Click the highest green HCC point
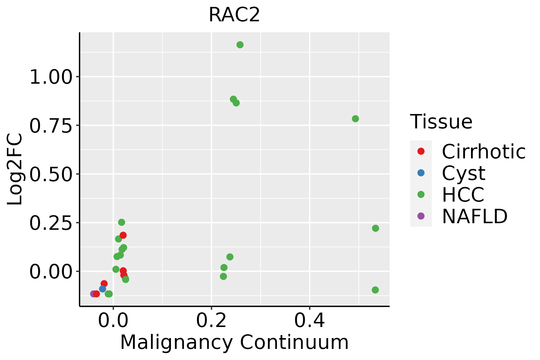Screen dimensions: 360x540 tap(240, 45)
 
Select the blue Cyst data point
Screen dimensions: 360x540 tap(103, 289)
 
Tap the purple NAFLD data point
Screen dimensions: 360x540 tap(93, 294)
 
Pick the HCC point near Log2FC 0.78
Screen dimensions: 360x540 tap(355, 119)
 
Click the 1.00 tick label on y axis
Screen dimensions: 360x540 tap(51, 77)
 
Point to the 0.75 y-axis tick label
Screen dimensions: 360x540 tap(51, 126)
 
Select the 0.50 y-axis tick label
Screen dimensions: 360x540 tap(51, 174)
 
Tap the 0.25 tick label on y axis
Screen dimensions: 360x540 tap(51, 223)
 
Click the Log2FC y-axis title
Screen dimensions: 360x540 tap(15, 169)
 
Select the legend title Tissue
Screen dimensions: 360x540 tap(441, 122)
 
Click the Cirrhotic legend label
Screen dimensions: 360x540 tap(484, 151)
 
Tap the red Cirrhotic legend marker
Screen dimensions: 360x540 tap(421, 151)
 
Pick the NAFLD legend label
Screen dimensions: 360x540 tap(475, 216)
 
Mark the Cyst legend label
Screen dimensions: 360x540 tap(463, 173)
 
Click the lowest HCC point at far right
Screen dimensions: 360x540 tap(375, 290)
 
